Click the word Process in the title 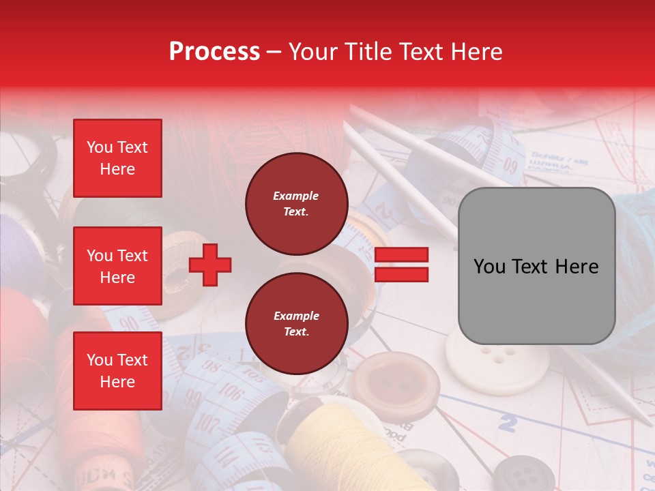click(x=214, y=51)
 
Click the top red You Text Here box click(x=117, y=158)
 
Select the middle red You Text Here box click(x=117, y=266)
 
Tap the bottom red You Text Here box click(x=117, y=370)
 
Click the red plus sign click(x=210, y=265)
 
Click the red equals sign click(x=401, y=265)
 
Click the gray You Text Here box click(x=536, y=266)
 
